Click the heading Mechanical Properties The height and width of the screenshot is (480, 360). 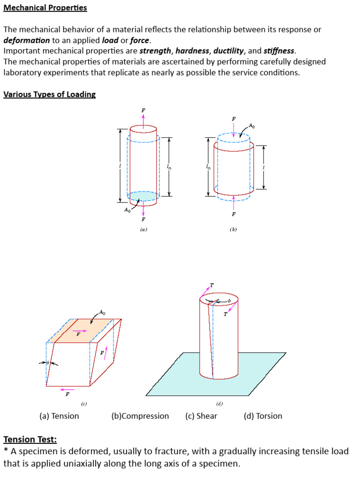[45, 8]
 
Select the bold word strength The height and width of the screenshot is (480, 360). [155, 51]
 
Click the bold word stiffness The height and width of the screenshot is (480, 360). [279, 51]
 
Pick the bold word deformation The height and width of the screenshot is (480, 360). [27, 40]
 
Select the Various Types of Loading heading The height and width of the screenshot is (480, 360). [49, 94]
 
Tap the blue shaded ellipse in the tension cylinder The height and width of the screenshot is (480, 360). [143, 196]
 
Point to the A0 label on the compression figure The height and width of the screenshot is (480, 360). [252, 126]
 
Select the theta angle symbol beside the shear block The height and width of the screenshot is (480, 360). [47, 363]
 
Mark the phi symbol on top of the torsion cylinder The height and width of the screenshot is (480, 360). [229, 301]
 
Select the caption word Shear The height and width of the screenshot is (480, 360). [206, 416]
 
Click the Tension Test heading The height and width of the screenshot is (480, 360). [30, 439]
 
